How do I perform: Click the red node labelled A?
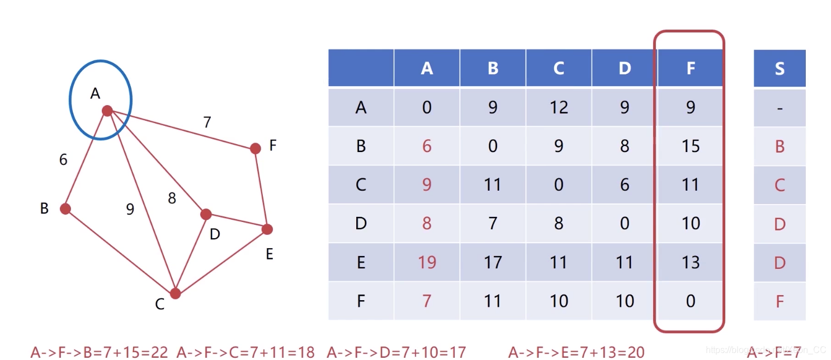pyautogui.click(x=107, y=111)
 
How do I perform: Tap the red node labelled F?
pyautogui.click(x=256, y=148)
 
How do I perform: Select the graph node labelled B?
pyautogui.click(x=65, y=209)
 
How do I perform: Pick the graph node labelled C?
pyautogui.click(x=176, y=293)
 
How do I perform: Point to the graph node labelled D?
pyautogui.click(x=206, y=214)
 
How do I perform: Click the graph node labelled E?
pyautogui.click(x=267, y=229)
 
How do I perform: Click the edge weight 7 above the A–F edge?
pyautogui.click(x=207, y=122)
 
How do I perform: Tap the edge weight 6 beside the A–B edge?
pyautogui.click(x=63, y=160)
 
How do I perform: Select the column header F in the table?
pyautogui.click(x=691, y=68)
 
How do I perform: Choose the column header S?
pyautogui.click(x=780, y=69)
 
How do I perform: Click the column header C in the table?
pyautogui.click(x=559, y=68)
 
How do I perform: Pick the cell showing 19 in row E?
pyautogui.click(x=427, y=262)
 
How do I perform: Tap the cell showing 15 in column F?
pyautogui.click(x=691, y=146)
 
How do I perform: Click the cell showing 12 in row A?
pyautogui.click(x=559, y=107)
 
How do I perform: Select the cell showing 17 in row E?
pyautogui.click(x=493, y=262)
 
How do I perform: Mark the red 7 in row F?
pyautogui.click(x=427, y=301)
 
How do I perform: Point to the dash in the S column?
pyautogui.click(x=780, y=107)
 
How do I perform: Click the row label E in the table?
pyautogui.click(x=361, y=262)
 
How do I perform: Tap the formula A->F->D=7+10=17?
pyautogui.click(x=396, y=352)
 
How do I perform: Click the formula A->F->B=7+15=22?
pyautogui.click(x=100, y=352)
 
